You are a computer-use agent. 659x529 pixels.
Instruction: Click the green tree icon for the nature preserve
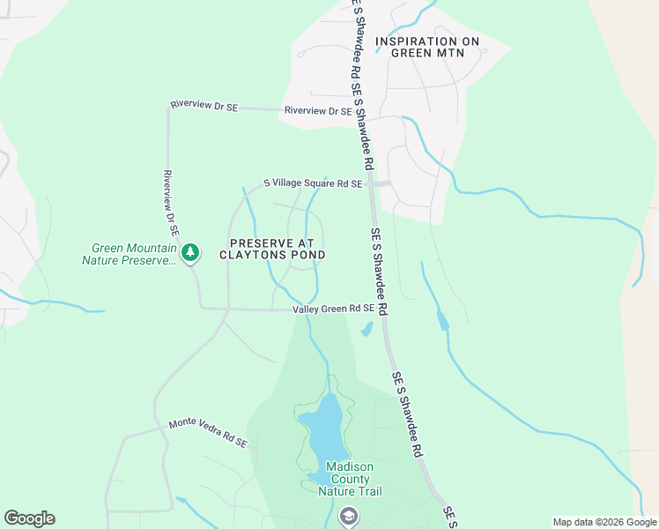click(190, 254)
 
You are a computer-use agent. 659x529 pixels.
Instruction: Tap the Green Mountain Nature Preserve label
click(130, 254)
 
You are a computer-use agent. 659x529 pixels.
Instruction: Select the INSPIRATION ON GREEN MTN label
click(427, 47)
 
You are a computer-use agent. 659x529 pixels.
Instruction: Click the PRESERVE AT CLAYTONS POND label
click(278, 249)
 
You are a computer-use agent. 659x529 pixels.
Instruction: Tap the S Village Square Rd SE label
click(314, 183)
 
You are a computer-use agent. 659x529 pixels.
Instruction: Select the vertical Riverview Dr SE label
click(170, 202)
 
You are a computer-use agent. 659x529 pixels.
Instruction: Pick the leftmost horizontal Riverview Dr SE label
click(204, 106)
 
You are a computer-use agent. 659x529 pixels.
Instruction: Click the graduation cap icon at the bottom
click(349, 516)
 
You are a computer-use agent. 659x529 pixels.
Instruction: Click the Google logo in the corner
click(29, 518)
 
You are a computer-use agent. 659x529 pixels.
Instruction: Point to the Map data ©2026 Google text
click(604, 522)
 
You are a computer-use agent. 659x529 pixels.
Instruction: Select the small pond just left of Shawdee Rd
click(367, 330)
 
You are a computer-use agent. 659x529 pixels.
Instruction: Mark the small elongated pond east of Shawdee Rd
click(442, 320)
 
